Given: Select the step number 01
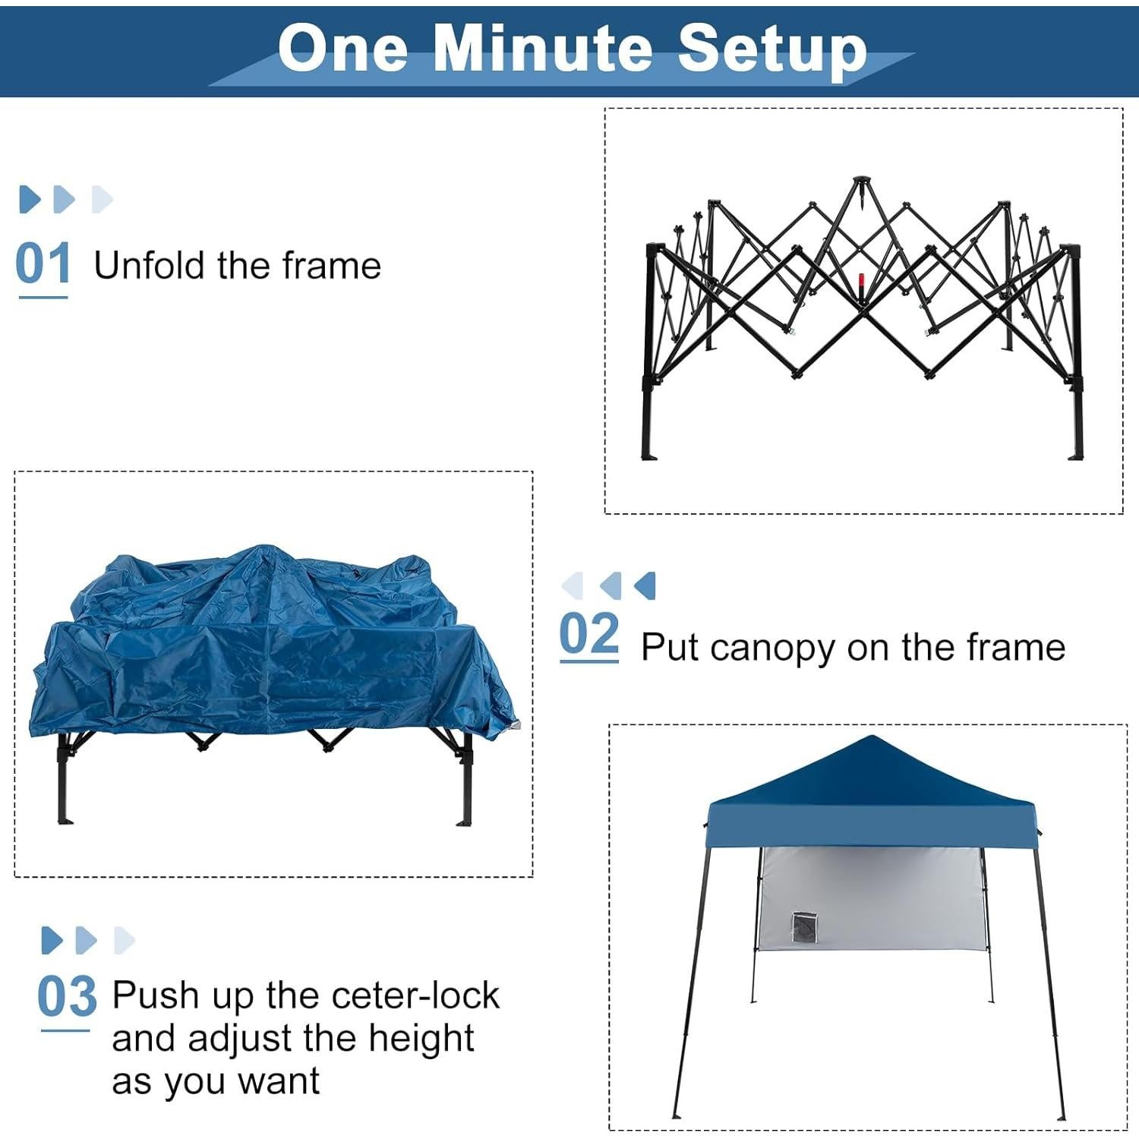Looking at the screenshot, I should pos(43,264).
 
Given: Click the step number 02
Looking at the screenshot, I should pos(589,635).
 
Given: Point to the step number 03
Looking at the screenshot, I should pos(67,997).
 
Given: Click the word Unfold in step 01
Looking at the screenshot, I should pos(149,266).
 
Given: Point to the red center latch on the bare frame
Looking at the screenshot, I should pos(861,286).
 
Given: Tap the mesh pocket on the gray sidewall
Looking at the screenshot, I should pos(803,927).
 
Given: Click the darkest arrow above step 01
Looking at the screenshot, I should pos(29,199).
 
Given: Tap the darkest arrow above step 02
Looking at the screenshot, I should pos(645,585).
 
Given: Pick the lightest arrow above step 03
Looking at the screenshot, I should pos(124,940).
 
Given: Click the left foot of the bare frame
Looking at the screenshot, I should pos(649,454).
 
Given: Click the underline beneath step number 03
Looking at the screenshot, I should pos(65,1031).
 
